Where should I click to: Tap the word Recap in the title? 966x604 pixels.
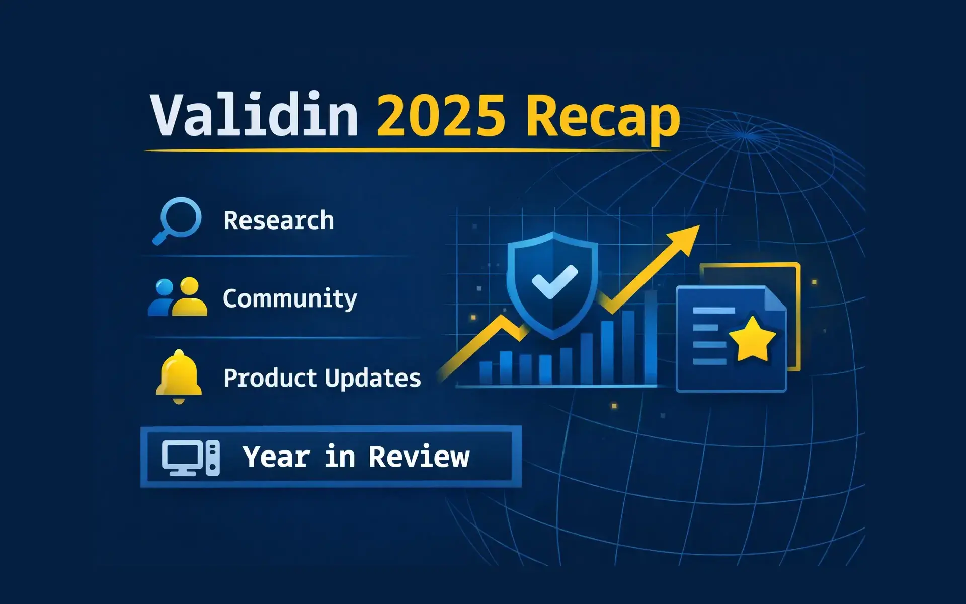[x=603, y=118]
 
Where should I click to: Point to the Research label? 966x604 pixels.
[x=278, y=220]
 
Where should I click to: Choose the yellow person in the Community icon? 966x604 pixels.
[x=190, y=298]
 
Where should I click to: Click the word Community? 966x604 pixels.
[x=290, y=299]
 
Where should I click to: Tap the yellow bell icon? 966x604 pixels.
[x=179, y=376]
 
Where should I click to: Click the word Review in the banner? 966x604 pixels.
[x=419, y=457]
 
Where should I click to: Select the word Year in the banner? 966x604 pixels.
[x=276, y=457]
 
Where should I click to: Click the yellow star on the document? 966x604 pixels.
[x=753, y=339]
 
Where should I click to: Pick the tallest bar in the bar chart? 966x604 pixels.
[x=650, y=337]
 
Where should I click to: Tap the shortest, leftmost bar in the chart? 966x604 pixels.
[x=486, y=373]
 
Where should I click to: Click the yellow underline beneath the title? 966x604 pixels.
[x=408, y=150]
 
